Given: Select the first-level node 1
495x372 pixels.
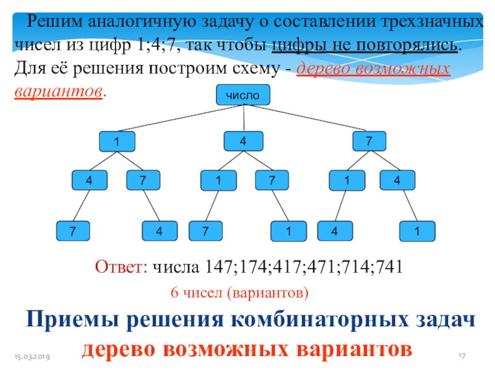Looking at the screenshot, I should point(117,141).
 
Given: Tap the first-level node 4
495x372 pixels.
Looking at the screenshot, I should point(243,141).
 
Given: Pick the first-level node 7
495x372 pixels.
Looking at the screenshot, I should point(370,141).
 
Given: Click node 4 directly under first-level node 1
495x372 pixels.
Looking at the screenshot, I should point(90,180).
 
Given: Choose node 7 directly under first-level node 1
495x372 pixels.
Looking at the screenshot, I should point(143,180).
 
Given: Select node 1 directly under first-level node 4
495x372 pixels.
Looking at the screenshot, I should point(218,180).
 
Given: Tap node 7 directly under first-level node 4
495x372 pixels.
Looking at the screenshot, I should point(272,180).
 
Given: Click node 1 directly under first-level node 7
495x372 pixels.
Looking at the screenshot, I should point(346,180).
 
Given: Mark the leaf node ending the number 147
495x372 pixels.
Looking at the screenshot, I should point(73,232).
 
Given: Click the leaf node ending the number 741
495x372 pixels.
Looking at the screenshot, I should point(418,232).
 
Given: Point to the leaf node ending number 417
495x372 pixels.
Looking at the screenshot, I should point(207,232).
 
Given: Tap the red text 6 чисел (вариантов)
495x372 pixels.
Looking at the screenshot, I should point(238,291).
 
